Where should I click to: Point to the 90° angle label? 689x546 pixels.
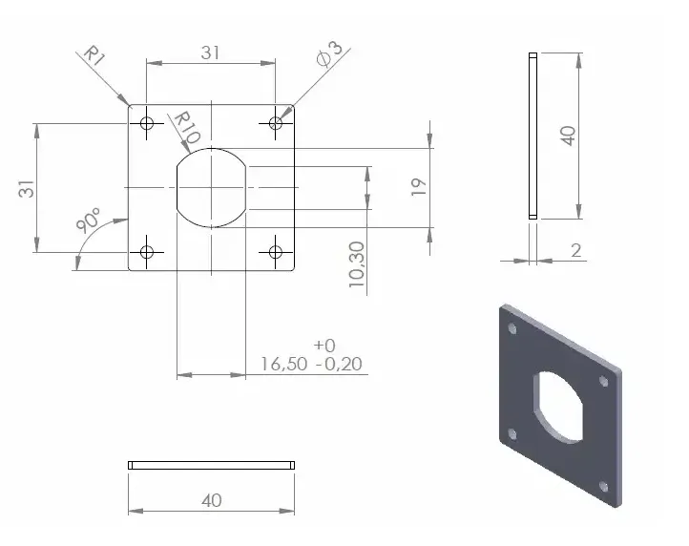point(91,221)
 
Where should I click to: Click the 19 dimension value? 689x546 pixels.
point(418,186)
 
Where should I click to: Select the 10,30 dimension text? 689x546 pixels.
point(356,264)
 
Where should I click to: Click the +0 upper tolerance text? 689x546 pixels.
point(324,345)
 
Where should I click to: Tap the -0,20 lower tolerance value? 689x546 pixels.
point(338,364)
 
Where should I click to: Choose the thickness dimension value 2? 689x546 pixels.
point(575,250)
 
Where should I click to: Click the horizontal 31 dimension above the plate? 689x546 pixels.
point(211,53)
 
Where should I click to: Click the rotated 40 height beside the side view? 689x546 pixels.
point(568,134)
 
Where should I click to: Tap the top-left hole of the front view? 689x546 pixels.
point(147,123)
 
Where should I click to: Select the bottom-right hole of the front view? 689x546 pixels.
point(276,252)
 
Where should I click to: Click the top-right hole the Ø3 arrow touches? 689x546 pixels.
point(276,123)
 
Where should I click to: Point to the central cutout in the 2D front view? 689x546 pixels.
point(211,187)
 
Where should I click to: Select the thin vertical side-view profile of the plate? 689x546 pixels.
point(532,136)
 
